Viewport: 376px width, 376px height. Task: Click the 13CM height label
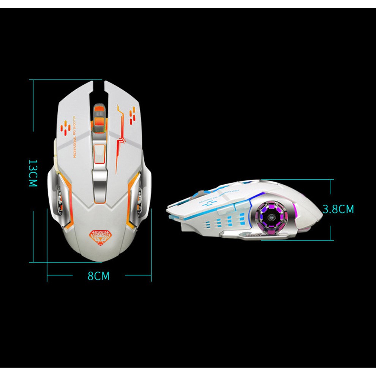click(x=33, y=173)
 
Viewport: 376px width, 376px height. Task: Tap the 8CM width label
click(x=98, y=276)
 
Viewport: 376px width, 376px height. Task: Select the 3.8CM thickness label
click(x=338, y=209)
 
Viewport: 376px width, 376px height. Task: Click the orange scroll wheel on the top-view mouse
click(x=99, y=118)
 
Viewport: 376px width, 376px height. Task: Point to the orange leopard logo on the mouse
click(x=98, y=236)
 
